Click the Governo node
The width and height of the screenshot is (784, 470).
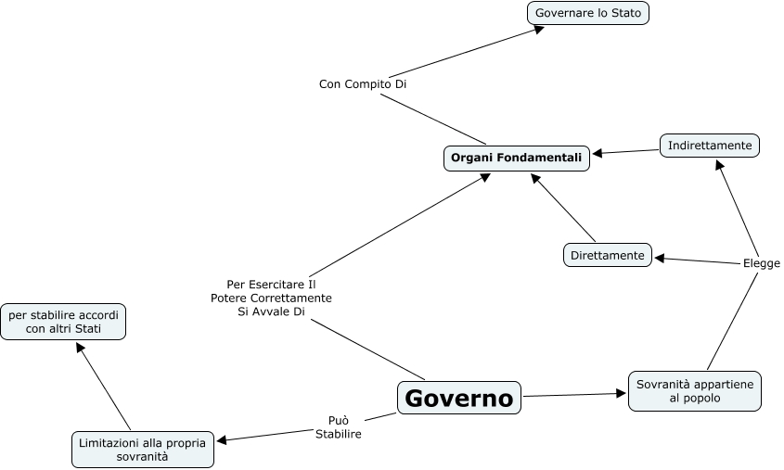click(x=459, y=398)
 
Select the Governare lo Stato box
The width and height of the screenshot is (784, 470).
click(x=588, y=13)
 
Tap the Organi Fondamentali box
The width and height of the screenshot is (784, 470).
click(x=517, y=159)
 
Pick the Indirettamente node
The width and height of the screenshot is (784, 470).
click(x=710, y=146)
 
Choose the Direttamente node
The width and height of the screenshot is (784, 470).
click(x=608, y=255)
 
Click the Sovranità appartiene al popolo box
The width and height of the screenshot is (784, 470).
click(x=695, y=390)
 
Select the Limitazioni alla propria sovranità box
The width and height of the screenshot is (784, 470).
click(x=143, y=450)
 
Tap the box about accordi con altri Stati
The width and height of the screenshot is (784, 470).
click(x=63, y=322)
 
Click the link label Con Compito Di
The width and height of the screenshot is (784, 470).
click(x=363, y=83)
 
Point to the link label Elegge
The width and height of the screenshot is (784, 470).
click(x=762, y=263)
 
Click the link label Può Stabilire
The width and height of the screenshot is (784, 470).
click(x=339, y=426)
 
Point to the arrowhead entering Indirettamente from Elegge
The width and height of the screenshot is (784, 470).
click(x=721, y=164)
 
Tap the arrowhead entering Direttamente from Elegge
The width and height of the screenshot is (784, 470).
click(x=660, y=258)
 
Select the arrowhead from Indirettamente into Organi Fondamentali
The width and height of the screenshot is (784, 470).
click(x=597, y=153)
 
